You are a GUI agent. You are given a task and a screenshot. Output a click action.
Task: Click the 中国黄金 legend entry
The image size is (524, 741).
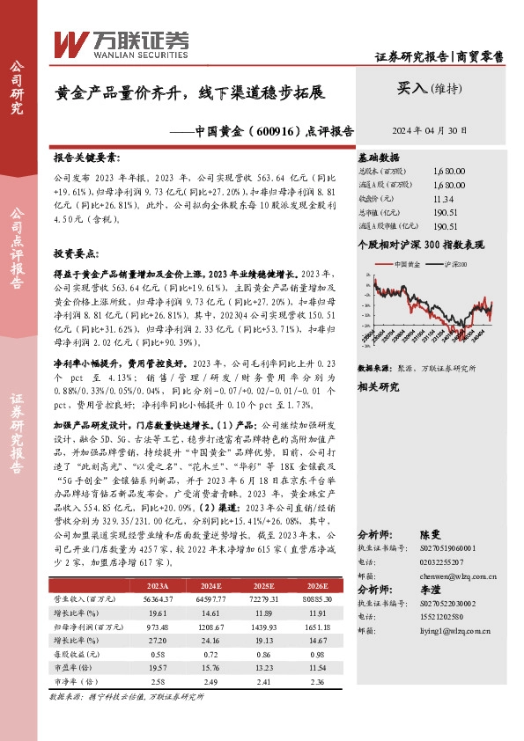[x=407, y=264]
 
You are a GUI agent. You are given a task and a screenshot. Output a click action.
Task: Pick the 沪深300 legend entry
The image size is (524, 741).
[x=455, y=264]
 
